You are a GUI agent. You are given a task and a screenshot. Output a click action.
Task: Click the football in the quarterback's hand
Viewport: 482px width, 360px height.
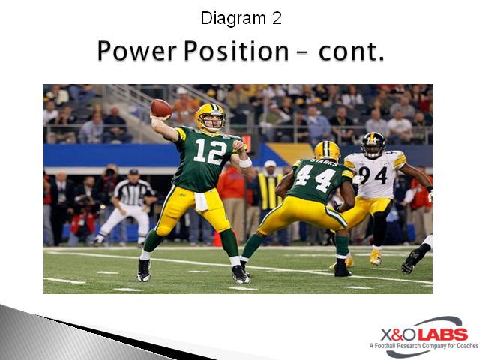point(160,108)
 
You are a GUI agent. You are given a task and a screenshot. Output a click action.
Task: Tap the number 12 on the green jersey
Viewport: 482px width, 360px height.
point(209,151)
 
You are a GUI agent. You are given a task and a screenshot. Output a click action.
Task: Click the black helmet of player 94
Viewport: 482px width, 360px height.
point(373,144)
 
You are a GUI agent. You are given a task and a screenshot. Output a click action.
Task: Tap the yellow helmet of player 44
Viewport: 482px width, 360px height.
point(327,151)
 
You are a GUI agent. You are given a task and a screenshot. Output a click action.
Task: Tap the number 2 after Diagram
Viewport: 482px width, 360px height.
point(277,18)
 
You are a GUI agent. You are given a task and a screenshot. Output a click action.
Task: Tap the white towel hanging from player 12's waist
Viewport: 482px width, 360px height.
point(200,200)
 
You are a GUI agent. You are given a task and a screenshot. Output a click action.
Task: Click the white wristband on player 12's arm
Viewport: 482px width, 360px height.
point(245,162)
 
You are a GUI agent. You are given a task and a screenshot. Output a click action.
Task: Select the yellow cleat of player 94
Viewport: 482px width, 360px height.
point(376,257)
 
